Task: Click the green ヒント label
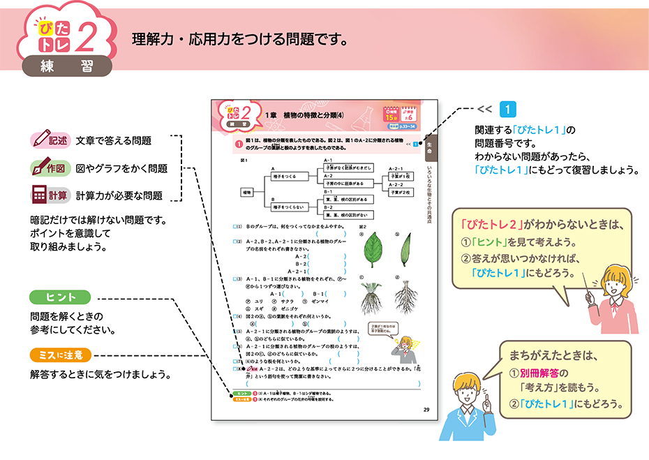coord(61,296)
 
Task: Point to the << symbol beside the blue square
coord(485,110)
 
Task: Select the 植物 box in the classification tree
coord(247,191)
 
